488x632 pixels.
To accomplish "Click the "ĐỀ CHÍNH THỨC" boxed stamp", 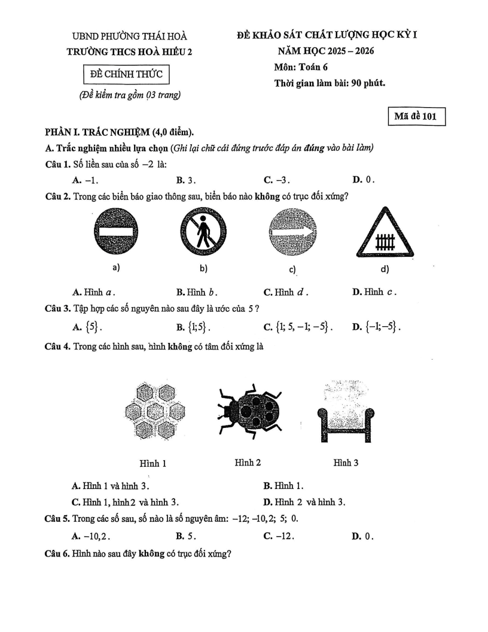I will coord(126,74).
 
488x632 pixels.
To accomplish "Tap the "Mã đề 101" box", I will coord(416,117).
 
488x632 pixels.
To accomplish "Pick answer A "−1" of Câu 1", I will coord(86,180).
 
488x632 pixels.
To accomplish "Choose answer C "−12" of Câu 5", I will coord(279,536).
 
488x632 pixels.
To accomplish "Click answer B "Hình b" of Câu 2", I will coord(196,293).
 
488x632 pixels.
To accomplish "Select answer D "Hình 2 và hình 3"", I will coord(305,502).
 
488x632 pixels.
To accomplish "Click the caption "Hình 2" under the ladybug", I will coord(248,463).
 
